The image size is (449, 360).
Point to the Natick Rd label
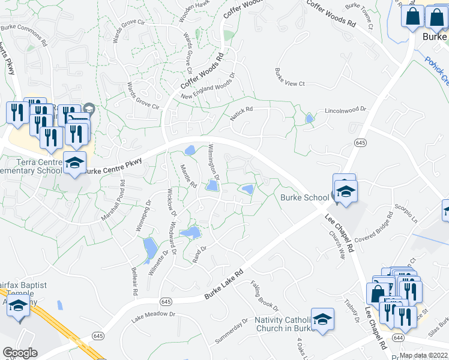coord(241,113)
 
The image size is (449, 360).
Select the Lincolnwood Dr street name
coord(345,112)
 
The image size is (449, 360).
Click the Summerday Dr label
coord(231,331)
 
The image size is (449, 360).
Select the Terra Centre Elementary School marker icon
coord(74,163)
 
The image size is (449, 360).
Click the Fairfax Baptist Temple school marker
coord(18,307)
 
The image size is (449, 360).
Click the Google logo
coord(20,353)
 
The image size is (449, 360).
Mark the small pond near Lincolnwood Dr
coord(309,119)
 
